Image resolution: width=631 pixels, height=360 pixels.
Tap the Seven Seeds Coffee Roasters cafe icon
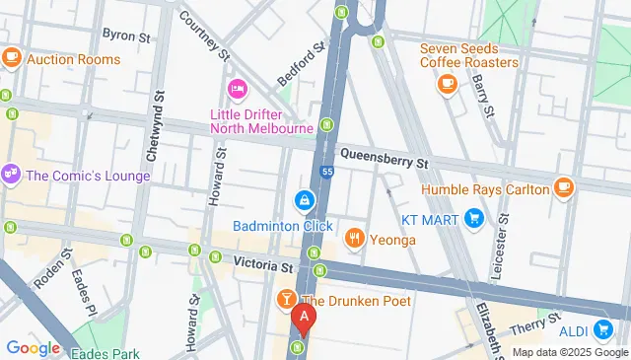click(447, 85)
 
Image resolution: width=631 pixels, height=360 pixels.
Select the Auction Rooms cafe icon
click(12, 58)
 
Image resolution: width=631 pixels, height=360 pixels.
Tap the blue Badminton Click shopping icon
click(304, 202)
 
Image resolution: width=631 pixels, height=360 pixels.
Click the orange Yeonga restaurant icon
click(353, 237)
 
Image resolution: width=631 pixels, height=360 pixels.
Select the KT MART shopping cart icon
click(473, 218)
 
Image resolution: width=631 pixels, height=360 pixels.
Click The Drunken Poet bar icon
click(286, 299)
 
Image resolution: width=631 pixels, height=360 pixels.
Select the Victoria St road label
click(264, 265)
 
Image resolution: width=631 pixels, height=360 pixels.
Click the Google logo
click(33, 347)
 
